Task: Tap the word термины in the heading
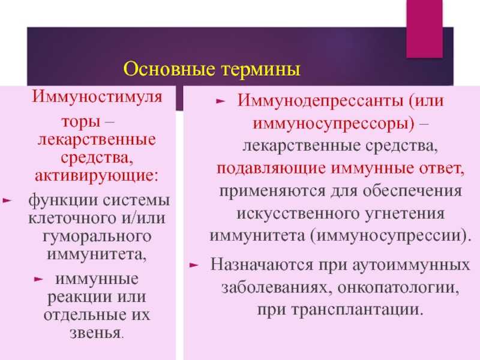pos(261,70)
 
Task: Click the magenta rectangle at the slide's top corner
pos(424,29)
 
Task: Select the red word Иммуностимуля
pos(97,97)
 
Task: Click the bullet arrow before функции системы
pos(7,200)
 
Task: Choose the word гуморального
pos(97,236)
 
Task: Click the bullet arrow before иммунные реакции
pos(38,279)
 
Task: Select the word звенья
pos(95,333)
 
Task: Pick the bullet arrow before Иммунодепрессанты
pos(220,101)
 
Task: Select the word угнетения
pos(404,214)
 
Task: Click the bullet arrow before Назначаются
pos(194,265)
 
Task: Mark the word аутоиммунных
pos(411,265)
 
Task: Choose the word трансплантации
pos(357,310)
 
